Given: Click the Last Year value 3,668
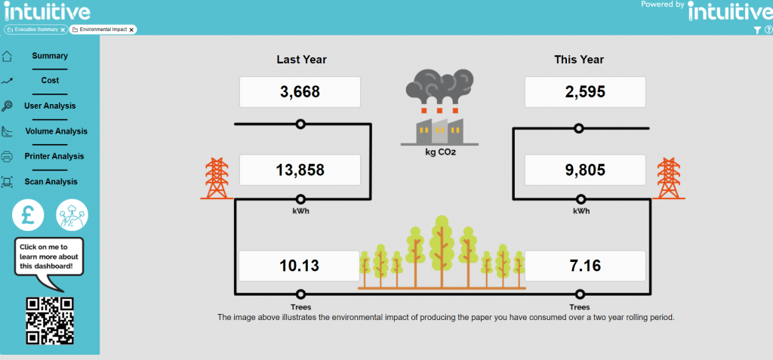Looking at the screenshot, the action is (300, 92).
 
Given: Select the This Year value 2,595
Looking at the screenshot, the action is (585, 92).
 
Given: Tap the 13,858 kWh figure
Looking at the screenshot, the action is (300, 170).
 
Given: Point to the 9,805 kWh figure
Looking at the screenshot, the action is (585, 170).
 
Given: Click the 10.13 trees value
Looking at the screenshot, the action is (299, 266).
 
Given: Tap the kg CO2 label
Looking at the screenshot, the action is (440, 152).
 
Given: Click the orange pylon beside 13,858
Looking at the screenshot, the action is (217, 178).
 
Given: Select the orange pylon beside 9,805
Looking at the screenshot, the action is (669, 178).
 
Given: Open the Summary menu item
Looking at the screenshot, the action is (50, 56).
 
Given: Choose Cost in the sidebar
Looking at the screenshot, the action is (50, 81).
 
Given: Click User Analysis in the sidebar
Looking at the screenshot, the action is (50, 106).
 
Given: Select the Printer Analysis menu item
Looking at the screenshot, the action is (54, 156).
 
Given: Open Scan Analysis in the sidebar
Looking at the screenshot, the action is (51, 182).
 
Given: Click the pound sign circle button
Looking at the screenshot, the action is (28, 215).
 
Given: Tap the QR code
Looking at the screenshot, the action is (50, 321).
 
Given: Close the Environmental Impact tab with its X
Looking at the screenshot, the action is (131, 29).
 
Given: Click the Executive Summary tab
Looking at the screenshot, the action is (35, 29).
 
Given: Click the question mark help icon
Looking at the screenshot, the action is (768, 30).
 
